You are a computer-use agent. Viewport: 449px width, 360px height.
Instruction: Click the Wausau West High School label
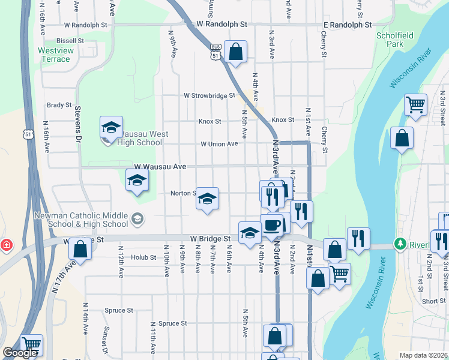pyautogui.click(x=140, y=138)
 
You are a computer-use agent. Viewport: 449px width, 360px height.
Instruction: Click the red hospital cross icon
pyautogui.click(x=6, y=245)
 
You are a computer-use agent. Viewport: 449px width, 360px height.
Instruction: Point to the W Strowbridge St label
pyautogui.click(x=209, y=95)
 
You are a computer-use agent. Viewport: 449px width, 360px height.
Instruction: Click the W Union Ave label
pyautogui.click(x=219, y=144)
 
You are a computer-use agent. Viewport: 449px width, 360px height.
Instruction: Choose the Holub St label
pyautogui.click(x=143, y=257)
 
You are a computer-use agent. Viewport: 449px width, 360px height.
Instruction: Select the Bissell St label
pyautogui.click(x=70, y=41)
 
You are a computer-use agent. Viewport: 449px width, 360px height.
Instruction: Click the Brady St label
pyautogui.click(x=59, y=105)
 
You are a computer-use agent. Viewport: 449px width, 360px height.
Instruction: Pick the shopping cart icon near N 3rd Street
pyautogui.click(x=415, y=105)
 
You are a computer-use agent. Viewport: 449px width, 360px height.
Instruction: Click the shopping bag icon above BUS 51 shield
pyautogui.click(x=236, y=51)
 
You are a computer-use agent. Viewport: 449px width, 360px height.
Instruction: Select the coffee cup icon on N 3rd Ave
pyautogui.click(x=271, y=225)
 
